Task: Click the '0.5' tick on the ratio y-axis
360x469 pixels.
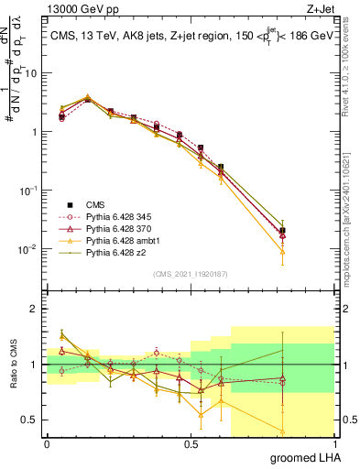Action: point(29,421)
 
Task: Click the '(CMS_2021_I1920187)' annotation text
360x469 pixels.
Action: point(190,273)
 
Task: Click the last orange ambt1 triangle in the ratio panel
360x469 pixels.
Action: point(283,431)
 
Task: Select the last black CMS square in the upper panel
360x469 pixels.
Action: point(283,231)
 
